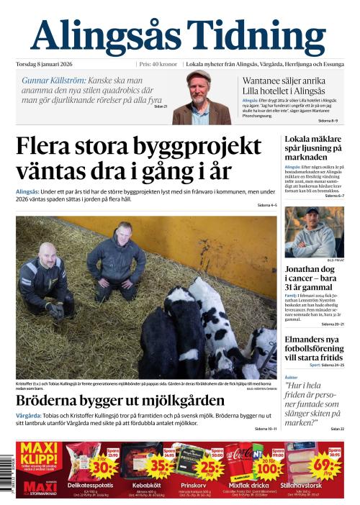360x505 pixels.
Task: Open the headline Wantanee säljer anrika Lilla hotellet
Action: point(284,86)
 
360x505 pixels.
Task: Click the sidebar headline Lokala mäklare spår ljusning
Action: point(314,147)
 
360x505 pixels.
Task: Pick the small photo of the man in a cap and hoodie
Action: point(313,232)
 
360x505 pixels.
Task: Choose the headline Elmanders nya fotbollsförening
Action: point(314,347)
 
